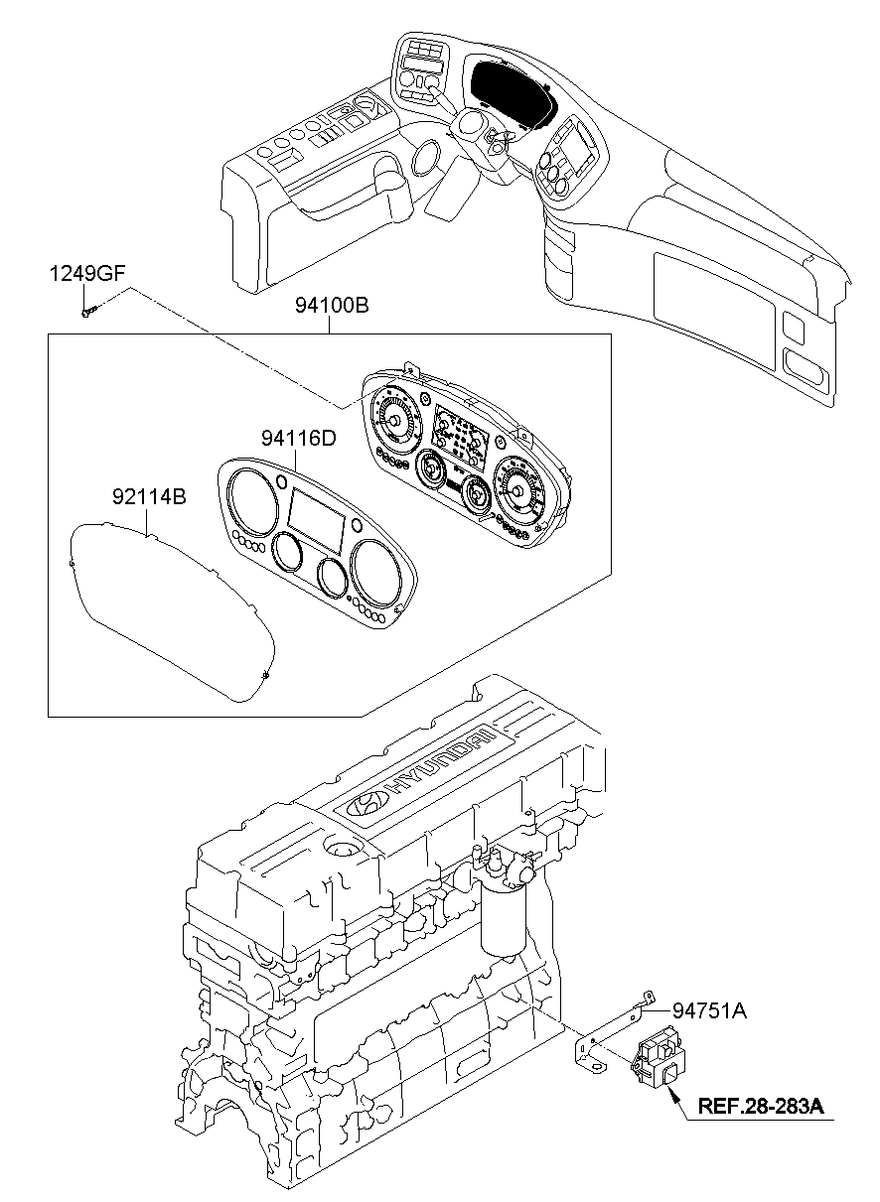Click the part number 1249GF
[88, 275]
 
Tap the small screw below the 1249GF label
[86, 312]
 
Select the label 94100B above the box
[331, 307]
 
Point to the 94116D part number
[298, 437]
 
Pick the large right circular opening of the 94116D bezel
[375, 573]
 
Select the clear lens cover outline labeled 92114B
[169, 615]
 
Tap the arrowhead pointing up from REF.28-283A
[672, 1094]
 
